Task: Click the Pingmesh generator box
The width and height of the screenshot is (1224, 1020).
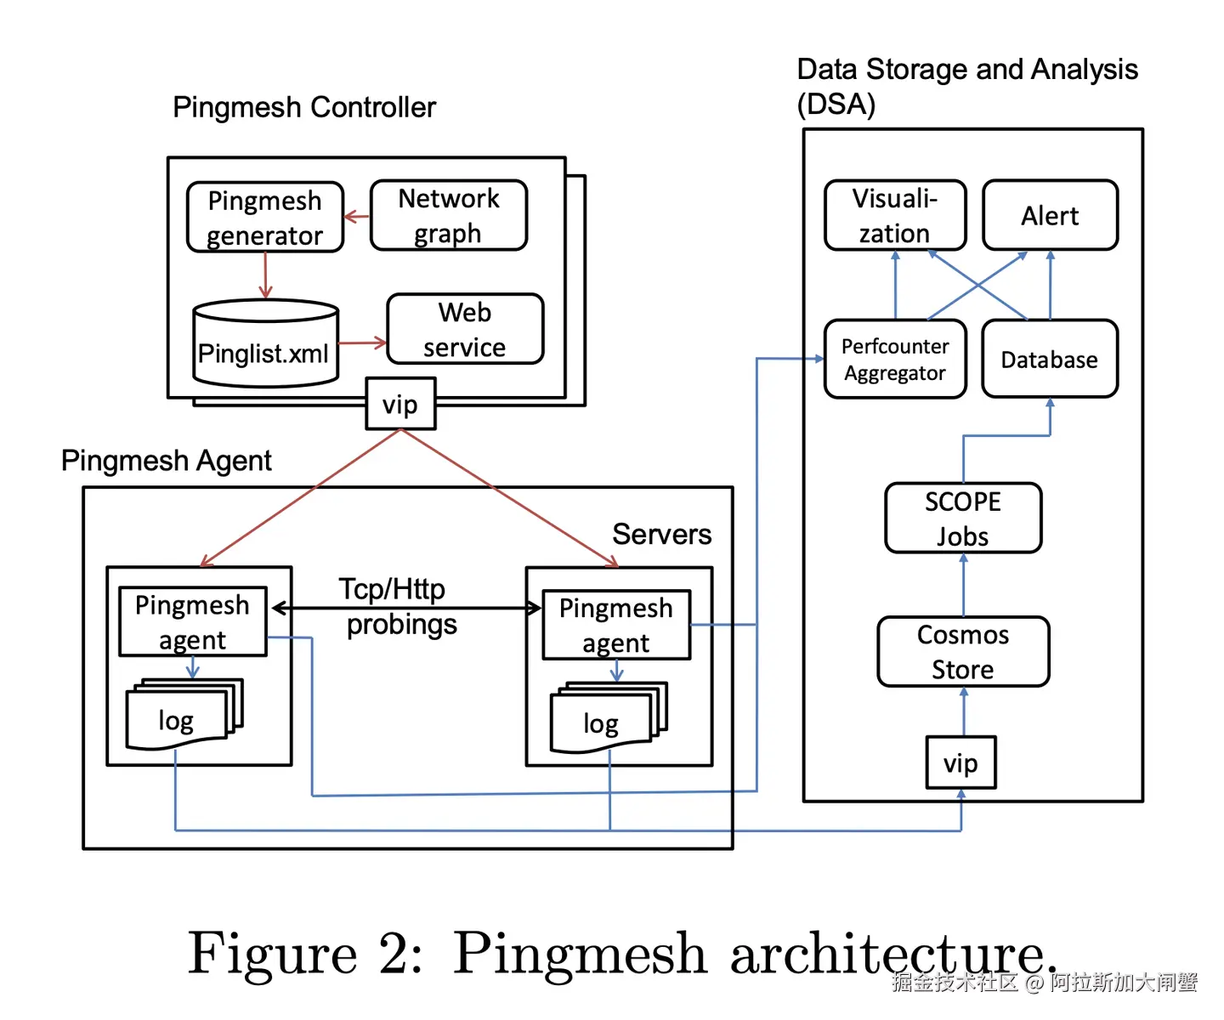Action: click(x=265, y=218)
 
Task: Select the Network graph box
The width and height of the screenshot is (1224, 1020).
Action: click(x=449, y=215)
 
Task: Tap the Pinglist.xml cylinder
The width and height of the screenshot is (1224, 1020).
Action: click(x=265, y=344)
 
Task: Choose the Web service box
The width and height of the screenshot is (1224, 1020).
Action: click(x=465, y=329)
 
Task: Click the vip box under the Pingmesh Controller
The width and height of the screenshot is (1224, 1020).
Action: click(x=400, y=404)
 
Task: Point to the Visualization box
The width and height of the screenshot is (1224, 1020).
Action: click(x=895, y=215)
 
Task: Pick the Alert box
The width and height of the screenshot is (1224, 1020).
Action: click(x=1050, y=215)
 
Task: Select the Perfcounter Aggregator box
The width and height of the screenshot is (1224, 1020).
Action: click(x=895, y=359)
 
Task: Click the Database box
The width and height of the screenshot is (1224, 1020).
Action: click(x=1050, y=359)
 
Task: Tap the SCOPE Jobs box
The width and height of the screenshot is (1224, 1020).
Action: click(x=963, y=518)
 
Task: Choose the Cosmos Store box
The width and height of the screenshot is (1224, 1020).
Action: click(x=963, y=652)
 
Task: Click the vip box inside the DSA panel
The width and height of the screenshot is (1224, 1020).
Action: click(x=960, y=762)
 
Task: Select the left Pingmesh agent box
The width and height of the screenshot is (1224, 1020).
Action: click(x=193, y=621)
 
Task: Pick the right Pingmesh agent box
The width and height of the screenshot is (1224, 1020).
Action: click(x=616, y=625)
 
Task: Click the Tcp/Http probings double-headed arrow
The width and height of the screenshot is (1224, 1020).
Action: click(x=406, y=609)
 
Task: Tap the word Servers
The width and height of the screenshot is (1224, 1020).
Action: click(x=661, y=534)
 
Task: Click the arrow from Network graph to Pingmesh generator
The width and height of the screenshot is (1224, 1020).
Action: click(x=357, y=217)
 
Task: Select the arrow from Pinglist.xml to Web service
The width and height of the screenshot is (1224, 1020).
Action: click(x=363, y=343)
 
